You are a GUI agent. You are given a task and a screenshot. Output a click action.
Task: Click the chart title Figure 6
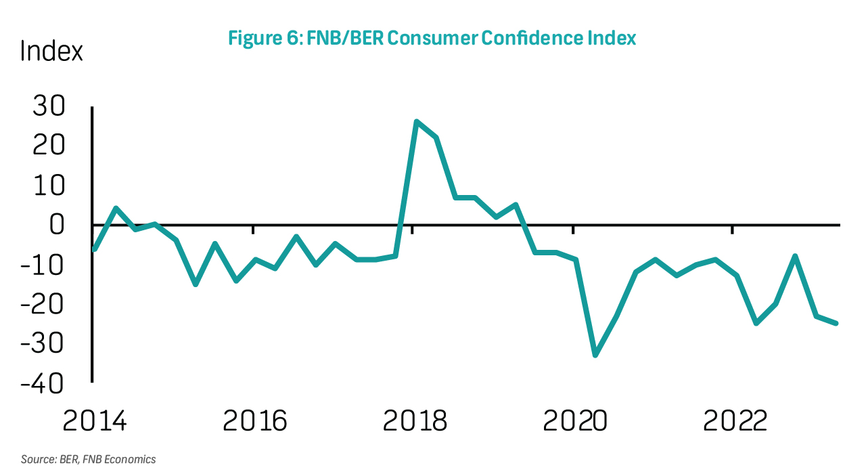pyautogui.click(x=432, y=38)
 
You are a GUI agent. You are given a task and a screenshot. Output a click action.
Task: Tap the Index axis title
pyautogui.click(x=51, y=51)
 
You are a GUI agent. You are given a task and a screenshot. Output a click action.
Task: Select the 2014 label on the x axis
pyautogui.click(x=94, y=421)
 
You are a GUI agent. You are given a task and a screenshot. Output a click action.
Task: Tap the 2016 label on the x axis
pyautogui.click(x=254, y=421)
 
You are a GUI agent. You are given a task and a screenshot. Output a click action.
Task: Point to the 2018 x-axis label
pyautogui.click(x=415, y=421)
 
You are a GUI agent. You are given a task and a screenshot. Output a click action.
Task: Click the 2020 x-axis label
pyautogui.click(x=575, y=421)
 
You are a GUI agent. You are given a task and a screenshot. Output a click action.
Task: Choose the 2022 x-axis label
pyautogui.click(x=735, y=421)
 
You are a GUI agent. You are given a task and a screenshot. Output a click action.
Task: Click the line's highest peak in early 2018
pyautogui.click(x=416, y=122)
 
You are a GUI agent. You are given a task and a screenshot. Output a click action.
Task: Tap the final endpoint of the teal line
pyautogui.click(x=836, y=323)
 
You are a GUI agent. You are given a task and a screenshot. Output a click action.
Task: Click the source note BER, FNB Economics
pyautogui.click(x=88, y=460)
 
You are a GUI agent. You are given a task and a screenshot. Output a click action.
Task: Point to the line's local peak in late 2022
pyautogui.click(x=796, y=256)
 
